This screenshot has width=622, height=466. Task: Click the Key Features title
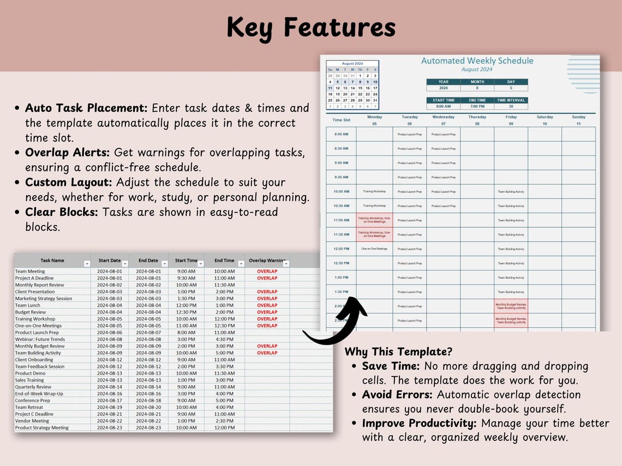pyautogui.click(x=311, y=27)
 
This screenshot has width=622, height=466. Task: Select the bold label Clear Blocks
pyautogui.click(x=62, y=212)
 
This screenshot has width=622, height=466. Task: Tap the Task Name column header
pyautogui.click(x=52, y=261)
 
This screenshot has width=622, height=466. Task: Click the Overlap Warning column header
pyautogui.click(x=267, y=261)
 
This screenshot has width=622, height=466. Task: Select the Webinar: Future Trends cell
pyautogui.click(x=40, y=339)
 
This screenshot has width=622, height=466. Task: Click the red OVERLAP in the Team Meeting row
pyautogui.click(x=267, y=271)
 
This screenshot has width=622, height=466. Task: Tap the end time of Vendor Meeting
pyautogui.click(x=224, y=421)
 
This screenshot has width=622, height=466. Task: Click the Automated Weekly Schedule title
pyautogui.click(x=477, y=61)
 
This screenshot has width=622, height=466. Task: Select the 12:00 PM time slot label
pyautogui.click(x=341, y=249)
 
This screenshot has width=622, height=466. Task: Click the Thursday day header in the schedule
pyautogui.click(x=477, y=117)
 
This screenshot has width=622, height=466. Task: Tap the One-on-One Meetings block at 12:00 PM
pyautogui.click(x=374, y=249)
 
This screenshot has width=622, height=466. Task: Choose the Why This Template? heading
pyautogui.click(x=398, y=352)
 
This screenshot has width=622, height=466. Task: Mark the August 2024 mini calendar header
pyautogui.click(x=352, y=64)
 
